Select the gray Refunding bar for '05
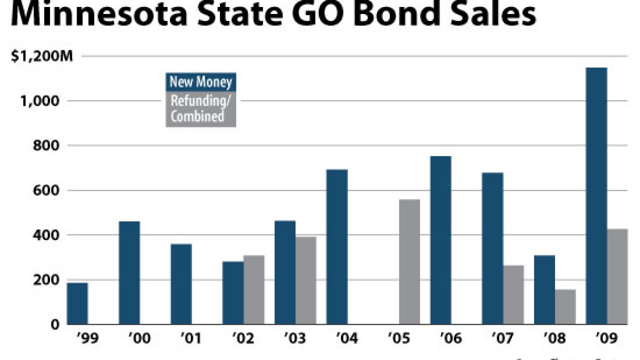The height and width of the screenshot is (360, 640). pyautogui.click(x=409, y=262)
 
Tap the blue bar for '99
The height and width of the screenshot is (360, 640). pyautogui.click(x=77, y=303)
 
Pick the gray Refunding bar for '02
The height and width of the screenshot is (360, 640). pyautogui.click(x=254, y=290)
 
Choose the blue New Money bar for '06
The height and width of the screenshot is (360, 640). pyautogui.click(x=440, y=240)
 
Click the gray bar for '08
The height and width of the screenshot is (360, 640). pyautogui.click(x=565, y=307)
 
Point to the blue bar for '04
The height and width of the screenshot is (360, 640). pyautogui.click(x=337, y=247)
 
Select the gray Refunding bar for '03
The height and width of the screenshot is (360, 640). pyautogui.click(x=305, y=280)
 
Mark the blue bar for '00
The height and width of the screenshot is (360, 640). pyautogui.click(x=129, y=273)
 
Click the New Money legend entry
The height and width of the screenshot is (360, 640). pyautogui.click(x=200, y=82)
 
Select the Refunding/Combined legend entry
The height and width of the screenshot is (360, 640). pyautogui.click(x=200, y=109)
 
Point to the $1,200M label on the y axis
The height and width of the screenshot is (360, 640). pyautogui.click(x=42, y=56)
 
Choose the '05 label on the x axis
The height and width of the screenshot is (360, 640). pyautogui.click(x=399, y=339)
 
